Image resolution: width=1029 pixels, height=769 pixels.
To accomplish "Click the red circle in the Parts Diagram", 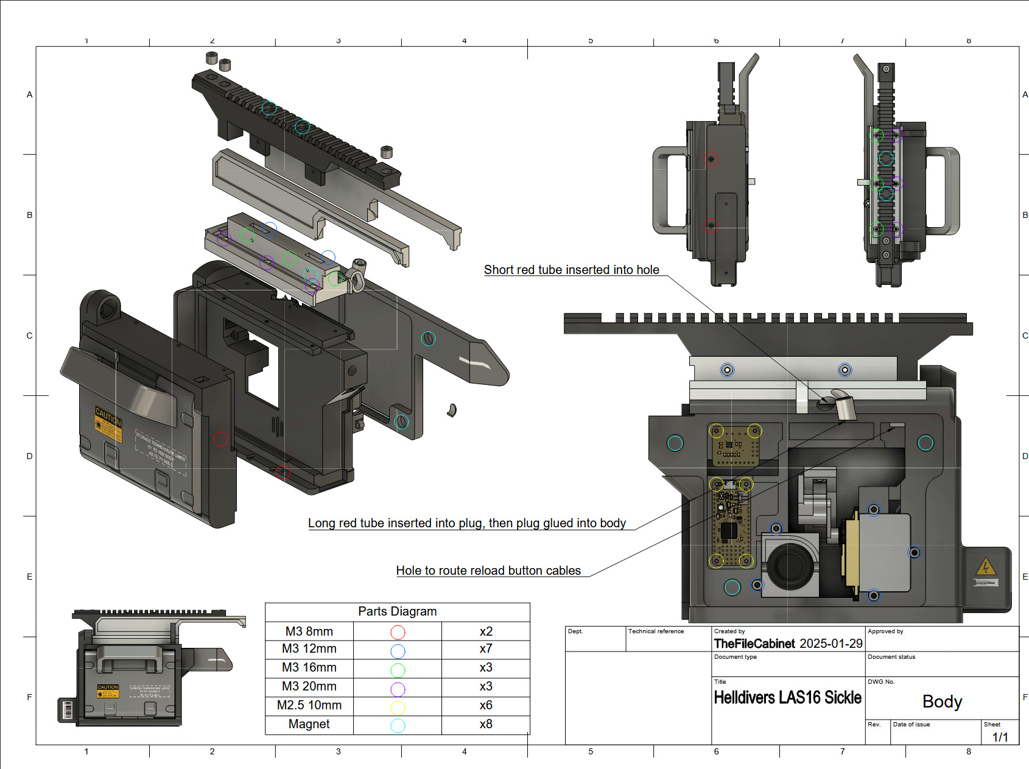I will point(398,632).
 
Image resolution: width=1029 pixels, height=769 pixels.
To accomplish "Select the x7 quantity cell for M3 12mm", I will point(485,649).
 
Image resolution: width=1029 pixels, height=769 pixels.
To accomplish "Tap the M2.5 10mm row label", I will point(309,705).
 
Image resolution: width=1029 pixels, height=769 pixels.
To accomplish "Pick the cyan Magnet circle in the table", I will point(398,725).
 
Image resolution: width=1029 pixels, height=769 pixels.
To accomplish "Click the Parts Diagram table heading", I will point(397,611).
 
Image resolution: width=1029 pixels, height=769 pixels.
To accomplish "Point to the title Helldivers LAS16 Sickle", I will point(787,698).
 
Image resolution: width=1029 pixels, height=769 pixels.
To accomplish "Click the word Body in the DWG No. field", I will point(942,702).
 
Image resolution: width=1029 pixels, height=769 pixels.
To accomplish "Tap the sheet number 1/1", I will point(1000,737).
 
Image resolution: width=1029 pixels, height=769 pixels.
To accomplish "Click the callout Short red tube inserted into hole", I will point(571,270).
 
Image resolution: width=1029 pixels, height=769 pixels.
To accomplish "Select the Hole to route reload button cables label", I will point(488,571).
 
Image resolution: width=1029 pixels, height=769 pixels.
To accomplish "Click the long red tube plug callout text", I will point(466,523).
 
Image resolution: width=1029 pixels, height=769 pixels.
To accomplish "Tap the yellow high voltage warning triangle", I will point(985,567).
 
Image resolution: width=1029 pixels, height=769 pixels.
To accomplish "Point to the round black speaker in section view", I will point(790,565).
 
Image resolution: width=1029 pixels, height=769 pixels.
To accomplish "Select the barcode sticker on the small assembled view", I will point(67,710).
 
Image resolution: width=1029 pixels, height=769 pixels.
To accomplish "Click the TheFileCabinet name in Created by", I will point(754,644).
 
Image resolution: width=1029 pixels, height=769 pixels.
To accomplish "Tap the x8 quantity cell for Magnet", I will point(485,725).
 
